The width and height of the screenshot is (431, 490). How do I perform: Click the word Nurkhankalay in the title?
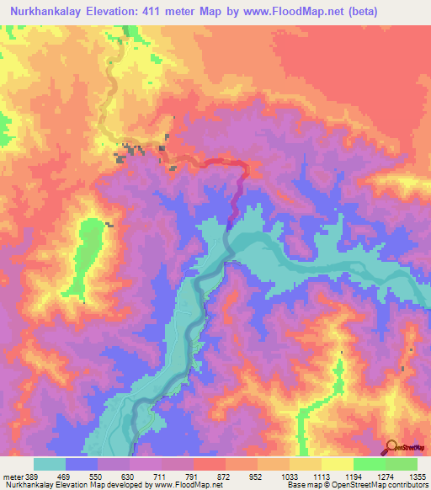coord(48,11)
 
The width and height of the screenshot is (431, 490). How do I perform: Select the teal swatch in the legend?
coord(50,464)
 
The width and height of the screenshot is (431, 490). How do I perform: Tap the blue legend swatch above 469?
coord(82,464)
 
